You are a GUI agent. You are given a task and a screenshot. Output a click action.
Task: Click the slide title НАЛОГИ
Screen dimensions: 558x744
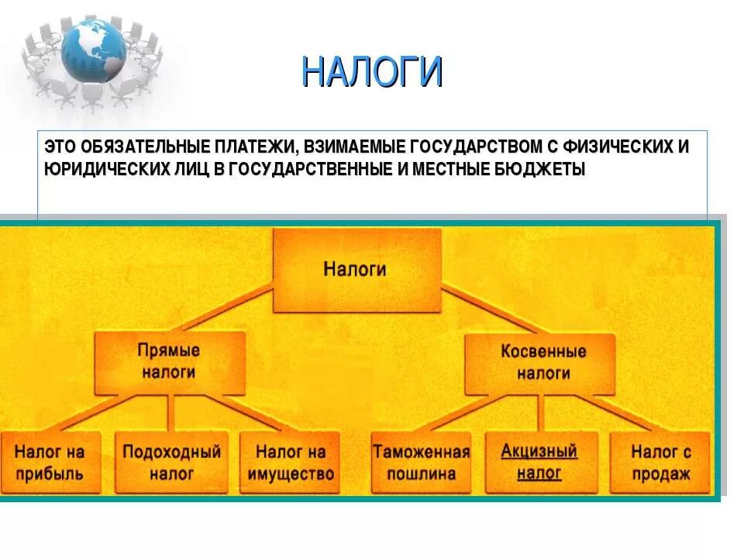tap(372, 73)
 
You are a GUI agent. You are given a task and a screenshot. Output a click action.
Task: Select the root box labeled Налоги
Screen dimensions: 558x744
tap(355, 270)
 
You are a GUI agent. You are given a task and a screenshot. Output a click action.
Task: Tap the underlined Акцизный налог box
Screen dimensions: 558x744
tap(539, 462)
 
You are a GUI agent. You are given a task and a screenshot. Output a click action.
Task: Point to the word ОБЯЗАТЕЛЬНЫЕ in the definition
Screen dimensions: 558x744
tap(125, 147)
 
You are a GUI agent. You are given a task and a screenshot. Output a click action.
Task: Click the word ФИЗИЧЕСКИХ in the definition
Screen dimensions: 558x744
tap(619, 147)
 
